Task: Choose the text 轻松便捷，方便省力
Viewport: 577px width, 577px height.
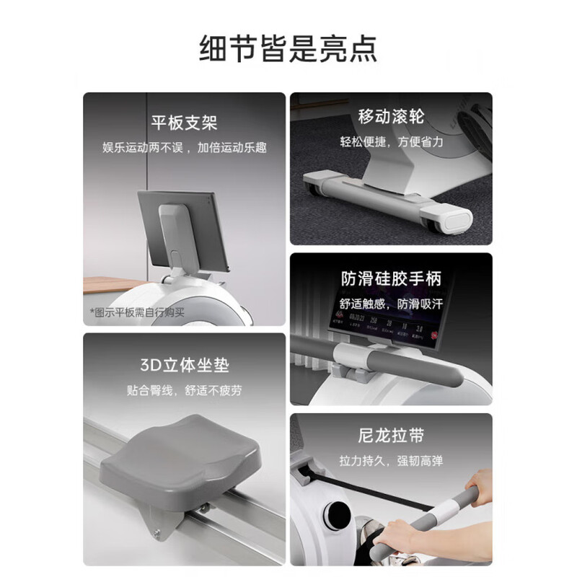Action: click(391, 142)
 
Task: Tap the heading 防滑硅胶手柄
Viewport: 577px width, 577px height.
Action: click(391, 278)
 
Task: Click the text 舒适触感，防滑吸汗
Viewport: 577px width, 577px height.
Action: click(391, 304)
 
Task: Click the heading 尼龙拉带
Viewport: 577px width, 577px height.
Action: click(391, 436)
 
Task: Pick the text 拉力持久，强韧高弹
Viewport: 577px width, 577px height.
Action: click(391, 460)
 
